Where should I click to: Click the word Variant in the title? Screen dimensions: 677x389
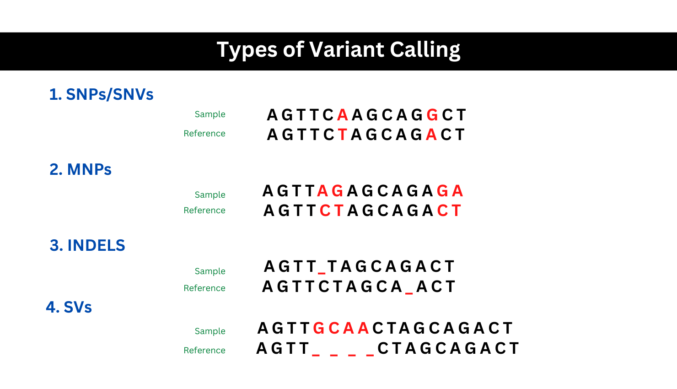346,49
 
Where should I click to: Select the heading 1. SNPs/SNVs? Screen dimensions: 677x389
101,94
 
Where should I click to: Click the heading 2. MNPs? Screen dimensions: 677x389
81,169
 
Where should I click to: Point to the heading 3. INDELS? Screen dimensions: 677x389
87,245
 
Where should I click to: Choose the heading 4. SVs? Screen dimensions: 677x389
69,308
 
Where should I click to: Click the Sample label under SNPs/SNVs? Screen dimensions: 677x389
210,114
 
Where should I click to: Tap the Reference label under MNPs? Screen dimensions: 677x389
204,210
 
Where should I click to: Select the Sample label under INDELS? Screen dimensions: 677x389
210,271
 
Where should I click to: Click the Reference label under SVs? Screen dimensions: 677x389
204,350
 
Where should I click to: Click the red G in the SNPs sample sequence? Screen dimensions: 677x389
432,115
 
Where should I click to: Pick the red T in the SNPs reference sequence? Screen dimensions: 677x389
343,135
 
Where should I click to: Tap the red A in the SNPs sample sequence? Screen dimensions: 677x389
343,115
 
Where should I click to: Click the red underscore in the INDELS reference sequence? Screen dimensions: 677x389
409,293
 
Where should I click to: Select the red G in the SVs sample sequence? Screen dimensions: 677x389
319,328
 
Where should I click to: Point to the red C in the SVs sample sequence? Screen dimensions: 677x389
334,328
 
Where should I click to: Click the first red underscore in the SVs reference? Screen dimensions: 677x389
316,355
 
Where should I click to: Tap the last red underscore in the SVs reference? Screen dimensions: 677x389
370,355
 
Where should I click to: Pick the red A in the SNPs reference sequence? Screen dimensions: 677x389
431,135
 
